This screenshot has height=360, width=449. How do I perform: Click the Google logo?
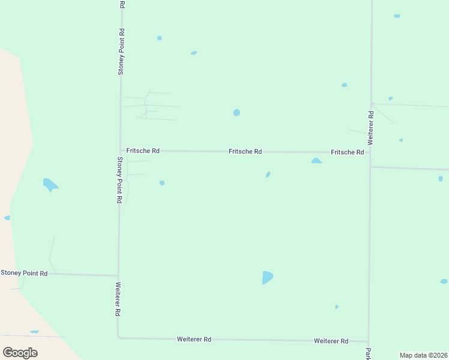(x=20, y=352)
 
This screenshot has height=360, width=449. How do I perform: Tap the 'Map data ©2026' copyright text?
(x=423, y=355)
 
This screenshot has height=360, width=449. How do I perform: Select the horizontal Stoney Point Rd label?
(x=24, y=273)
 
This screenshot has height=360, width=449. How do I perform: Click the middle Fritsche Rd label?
(x=245, y=152)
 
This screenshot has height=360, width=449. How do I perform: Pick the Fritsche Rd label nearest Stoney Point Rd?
(x=143, y=151)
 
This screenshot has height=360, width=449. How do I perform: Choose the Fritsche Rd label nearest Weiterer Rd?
(x=348, y=152)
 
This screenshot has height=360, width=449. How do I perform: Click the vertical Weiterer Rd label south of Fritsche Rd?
(x=118, y=299)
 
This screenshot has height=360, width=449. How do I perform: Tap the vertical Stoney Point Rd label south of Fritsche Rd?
(x=120, y=179)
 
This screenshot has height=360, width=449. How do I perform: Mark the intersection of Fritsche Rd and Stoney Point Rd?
(x=121, y=151)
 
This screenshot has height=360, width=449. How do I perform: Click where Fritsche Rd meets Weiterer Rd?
(x=370, y=153)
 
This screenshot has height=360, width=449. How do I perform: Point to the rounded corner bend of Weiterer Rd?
(x=119, y=337)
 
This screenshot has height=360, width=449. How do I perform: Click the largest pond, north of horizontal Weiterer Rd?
(x=267, y=277)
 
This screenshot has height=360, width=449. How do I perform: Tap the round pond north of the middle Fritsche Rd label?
(x=237, y=112)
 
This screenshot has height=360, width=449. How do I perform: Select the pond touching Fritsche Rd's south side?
(x=316, y=161)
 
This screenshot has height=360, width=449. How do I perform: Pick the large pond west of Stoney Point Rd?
(x=50, y=184)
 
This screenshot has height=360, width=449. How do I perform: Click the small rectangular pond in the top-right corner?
(x=397, y=16)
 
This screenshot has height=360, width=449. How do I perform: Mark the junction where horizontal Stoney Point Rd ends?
(x=118, y=275)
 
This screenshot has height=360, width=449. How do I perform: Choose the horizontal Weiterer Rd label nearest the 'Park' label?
(x=331, y=341)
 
